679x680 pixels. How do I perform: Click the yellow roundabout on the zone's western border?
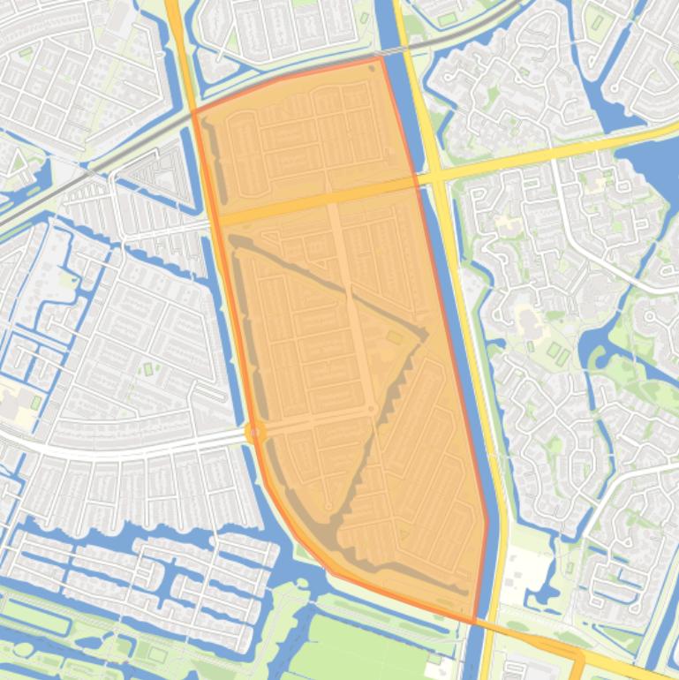[x=255, y=432]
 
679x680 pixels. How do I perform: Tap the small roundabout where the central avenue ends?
[x=372, y=409]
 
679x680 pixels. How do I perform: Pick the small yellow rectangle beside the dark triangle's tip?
[x=395, y=337]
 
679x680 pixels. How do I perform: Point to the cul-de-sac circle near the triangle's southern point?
[x=329, y=507]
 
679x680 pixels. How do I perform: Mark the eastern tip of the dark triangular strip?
[x=426, y=334]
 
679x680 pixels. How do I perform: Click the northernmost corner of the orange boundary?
[x=381, y=58]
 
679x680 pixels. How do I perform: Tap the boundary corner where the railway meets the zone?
[x=194, y=113]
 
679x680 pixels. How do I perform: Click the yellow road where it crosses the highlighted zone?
[x=318, y=201]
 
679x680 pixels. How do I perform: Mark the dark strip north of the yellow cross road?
[x=212, y=159]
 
